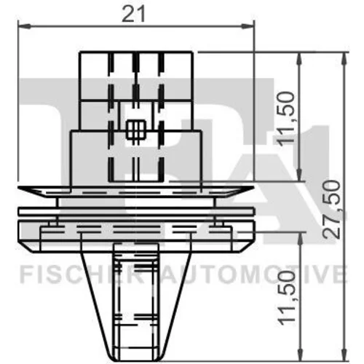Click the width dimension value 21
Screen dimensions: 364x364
pyautogui.click(x=134, y=14)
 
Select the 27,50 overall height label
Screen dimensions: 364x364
pyautogui.click(x=332, y=209)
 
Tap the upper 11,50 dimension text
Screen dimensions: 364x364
pyautogui.click(x=286, y=119)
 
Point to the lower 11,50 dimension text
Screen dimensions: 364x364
pyautogui.click(x=286, y=298)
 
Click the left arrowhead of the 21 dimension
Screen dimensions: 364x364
pyautogui.click(x=24, y=25)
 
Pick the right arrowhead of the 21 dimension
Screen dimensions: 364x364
pyautogui.click(x=248, y=25)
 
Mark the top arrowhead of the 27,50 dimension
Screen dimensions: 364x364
pyautogui.click(x=344, y=59)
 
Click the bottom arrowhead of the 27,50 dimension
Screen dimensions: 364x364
pyautogui.click(x=344, y=354)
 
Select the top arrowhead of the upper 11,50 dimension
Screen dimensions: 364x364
pyautogui.click(x=299, y=59)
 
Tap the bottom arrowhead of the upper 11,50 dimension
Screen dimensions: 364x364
pyautogui.click(x=299, y=174)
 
